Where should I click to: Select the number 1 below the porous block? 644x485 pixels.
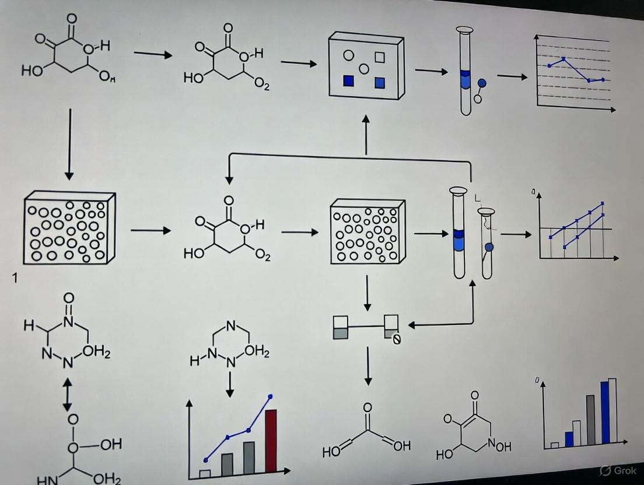pyautogui.click(x=15, y=279)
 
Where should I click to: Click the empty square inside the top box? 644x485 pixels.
pyautogui.click(x=380, y=57)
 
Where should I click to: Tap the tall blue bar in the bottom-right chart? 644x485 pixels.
pyautogui.click(x=604, y=414)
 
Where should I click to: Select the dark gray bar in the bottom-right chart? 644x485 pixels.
pyautogui.click(x=590, y=421)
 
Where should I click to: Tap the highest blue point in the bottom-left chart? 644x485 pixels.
pyautogui.click(x=271, y=396)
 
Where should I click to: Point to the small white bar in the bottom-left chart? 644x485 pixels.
pyautogui.click(x=205, y=473)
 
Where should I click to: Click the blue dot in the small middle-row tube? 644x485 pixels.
pyautogui.click(x=489, y=247)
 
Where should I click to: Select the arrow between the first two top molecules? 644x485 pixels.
pyautogui.click(x=153, y=55)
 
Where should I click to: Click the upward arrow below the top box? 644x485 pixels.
pyautogui.click(x=366, y=134)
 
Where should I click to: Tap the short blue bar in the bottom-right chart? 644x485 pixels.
pyautogui.click(x=569, y=439)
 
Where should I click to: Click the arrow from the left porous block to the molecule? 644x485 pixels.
pyautogui.click(x=150, y=231)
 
